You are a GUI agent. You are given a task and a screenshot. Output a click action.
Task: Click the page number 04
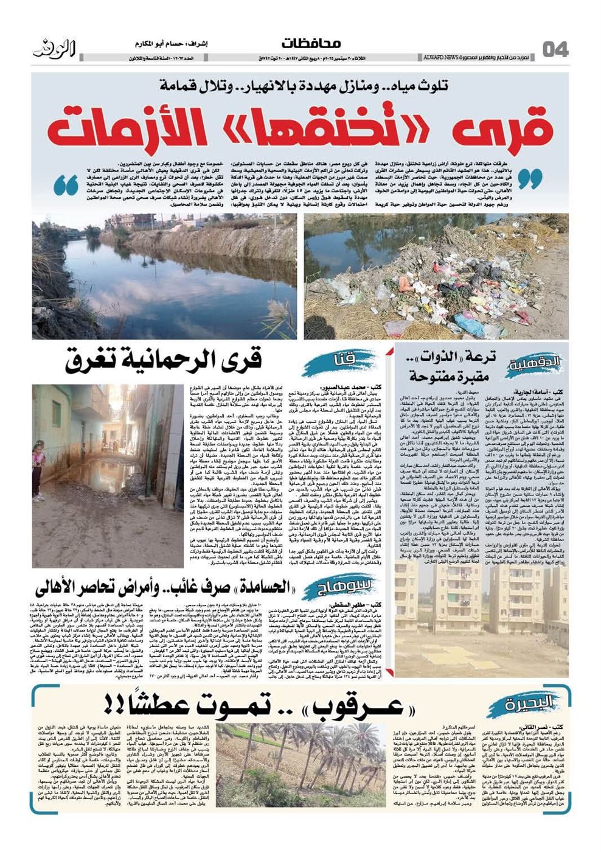(x=555, y=49)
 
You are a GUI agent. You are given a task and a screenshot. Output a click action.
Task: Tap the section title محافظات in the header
(x=311, y=44)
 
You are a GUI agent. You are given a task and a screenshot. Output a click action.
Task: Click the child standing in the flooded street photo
(x=39, y=463)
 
